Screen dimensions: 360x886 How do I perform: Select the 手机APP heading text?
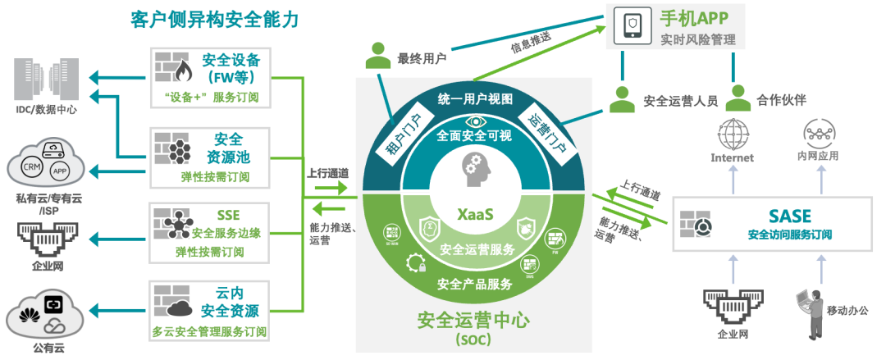(694, 18)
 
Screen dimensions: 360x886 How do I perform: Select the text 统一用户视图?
(475, 99)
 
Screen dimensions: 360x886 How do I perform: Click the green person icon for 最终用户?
(378, 55)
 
